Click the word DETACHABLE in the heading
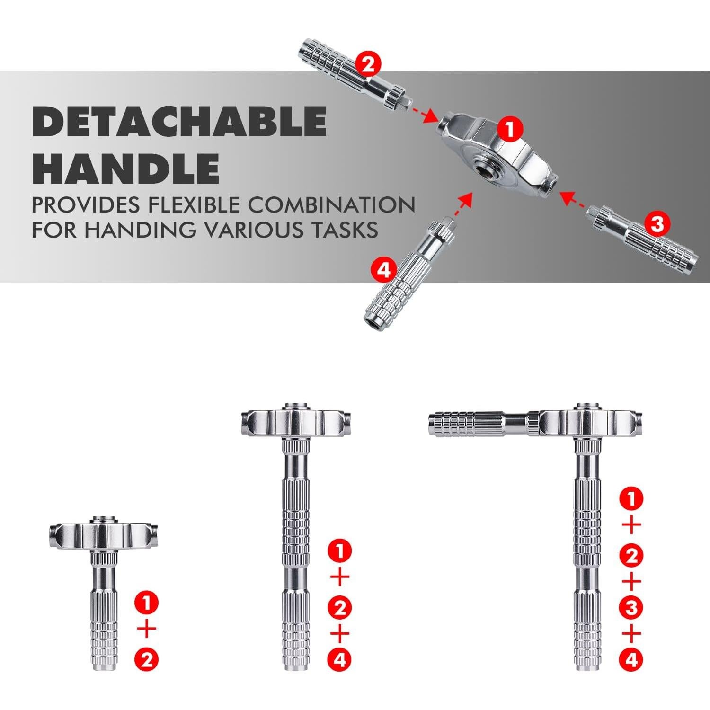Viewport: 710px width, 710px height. pos(179,121)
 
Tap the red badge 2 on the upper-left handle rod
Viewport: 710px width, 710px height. pos(367,64)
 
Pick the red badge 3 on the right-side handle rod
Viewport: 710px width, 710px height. pos(657,223)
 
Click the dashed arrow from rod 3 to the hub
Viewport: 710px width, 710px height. pos(574,198)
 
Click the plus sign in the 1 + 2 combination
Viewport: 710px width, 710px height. pos(147,630)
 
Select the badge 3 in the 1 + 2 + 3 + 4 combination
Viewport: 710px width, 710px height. pos(631,607)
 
